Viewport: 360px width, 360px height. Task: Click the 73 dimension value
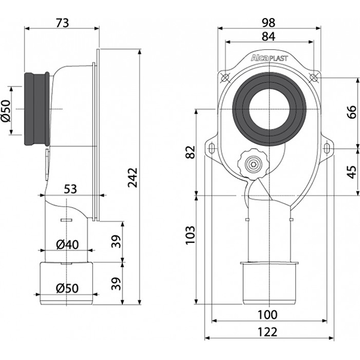(62, 23)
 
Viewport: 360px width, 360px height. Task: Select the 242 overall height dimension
(133, 178)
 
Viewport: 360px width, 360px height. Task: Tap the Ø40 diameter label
(67, 245)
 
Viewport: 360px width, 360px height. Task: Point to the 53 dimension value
(70, 190)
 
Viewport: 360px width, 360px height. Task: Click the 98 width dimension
(268, 23)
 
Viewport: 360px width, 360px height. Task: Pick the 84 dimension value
(268, 36)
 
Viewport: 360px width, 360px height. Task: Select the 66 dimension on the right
(351, 112)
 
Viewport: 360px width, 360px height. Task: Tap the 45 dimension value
(351, 172)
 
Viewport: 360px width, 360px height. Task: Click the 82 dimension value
(190, 152)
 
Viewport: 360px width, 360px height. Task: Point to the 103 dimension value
(190, 235)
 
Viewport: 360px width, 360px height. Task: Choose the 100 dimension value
(268, 314)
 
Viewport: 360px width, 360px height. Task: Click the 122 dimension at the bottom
(268, 332)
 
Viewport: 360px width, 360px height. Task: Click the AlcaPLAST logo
(269, 58)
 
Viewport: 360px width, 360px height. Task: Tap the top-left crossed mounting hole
(225, 77)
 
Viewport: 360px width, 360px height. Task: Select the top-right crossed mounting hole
(313, 77)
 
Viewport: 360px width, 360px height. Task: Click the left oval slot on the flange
(212, 148)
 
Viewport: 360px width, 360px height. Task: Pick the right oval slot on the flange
(326, 148)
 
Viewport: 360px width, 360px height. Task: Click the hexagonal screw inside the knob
(253, 164)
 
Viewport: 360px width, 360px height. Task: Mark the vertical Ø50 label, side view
(6, 110)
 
